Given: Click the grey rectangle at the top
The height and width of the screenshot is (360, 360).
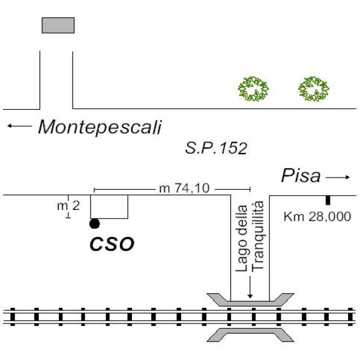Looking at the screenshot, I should (58, 25).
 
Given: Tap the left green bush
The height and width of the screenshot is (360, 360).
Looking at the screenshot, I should (253, 89).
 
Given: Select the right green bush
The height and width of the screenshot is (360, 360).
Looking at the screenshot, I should (314, 89).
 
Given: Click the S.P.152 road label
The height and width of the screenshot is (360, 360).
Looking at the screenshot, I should (217, 148).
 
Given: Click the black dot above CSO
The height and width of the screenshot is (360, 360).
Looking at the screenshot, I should (94, 224).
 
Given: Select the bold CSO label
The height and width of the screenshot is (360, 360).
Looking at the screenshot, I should (112, 244).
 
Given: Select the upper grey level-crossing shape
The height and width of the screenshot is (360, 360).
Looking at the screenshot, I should (250, 299).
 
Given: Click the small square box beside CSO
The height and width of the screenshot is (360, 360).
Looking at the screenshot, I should (109, 207).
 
